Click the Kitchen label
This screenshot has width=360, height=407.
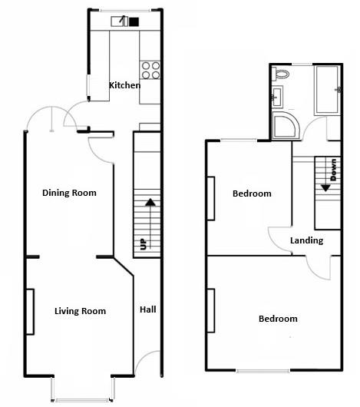(x=124, y=85)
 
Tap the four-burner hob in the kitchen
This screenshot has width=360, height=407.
(x=150, y=71)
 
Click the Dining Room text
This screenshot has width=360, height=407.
(x=69, y=193)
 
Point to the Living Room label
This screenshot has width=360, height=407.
(x=80, y=311)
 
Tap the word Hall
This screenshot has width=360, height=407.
(x=148, y=310)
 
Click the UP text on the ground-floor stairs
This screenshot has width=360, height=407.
(x=143, y=245)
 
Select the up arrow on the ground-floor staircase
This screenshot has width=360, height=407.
(x=150, y=203)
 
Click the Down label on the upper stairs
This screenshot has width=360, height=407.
(x=333, y=169)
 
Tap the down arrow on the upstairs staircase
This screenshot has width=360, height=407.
(x=325, y=186)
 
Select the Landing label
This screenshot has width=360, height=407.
(x=306, y=240)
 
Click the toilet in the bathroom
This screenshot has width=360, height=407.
(x=282, y=74)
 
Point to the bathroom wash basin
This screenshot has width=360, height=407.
(x=277, y=97)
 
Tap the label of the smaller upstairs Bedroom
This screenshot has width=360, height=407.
(x=252, y=194)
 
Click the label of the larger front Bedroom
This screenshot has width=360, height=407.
(x=277, y=319)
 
